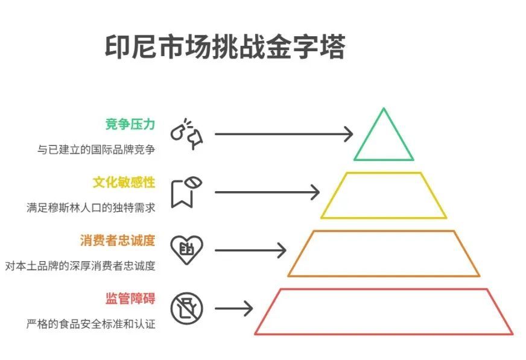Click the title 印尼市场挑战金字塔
point(225,46)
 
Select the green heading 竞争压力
point(130,124)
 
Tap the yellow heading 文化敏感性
point(124,182)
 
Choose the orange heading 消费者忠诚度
point(118,241)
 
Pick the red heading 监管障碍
point(130,298)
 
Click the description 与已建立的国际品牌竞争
point(97,149)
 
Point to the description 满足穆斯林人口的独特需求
point(91,208)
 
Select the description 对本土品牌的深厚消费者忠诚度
point(80,266)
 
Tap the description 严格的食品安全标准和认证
point(91,324)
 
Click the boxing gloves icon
point(186,134)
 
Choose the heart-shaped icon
point(186,250)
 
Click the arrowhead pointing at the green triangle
point(349,134)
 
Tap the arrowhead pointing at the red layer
point(249,308)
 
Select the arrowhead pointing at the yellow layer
point(315,192)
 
